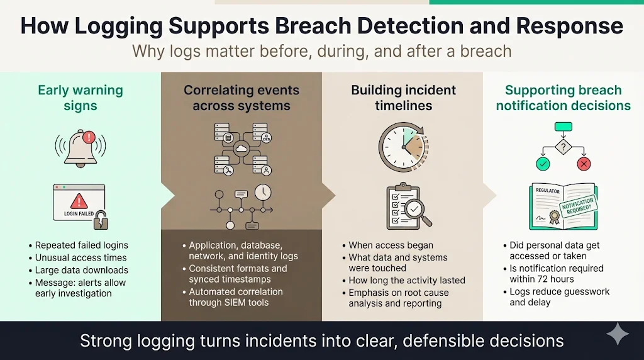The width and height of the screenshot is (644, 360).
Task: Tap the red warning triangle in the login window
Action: pyautogui.click(x=79, y=201)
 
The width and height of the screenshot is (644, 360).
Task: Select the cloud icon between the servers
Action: pyautogui.click(x=241, y=149)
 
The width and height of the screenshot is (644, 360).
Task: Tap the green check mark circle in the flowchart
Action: pyautogui.click(x=543, y=164)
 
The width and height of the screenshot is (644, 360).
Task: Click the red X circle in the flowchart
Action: pyautogui.click(x=584, y=164)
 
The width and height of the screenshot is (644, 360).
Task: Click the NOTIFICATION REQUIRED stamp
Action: pyautogui.click(x=577, y=205)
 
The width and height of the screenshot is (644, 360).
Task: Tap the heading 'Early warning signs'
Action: pyautogui.click(x=80, y=98)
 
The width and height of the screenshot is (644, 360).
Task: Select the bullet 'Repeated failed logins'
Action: pyautogui.click(x=81, y=245)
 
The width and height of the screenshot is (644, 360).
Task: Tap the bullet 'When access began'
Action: pyautogui.click(x=391, y=245)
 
